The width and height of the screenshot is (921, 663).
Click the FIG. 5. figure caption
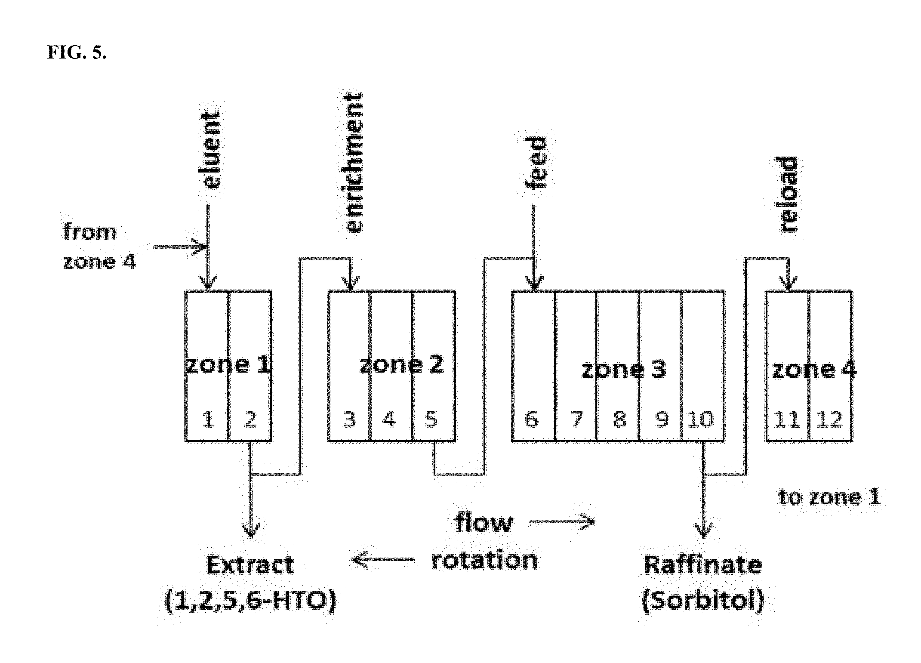[x=77, y=52]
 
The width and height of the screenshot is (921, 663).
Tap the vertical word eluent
[x=212, y=150]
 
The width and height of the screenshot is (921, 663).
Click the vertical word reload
[x=789, y=194]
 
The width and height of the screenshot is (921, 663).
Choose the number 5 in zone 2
[x=431, y=419]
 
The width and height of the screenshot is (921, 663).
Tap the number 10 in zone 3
[x=701, y=419]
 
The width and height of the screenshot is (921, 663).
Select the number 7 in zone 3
[x=576, y=419]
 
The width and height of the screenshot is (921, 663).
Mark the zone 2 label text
[x=401, y=365]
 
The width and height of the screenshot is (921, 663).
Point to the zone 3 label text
[x=623, y=369]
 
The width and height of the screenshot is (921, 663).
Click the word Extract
[x=250, y=565]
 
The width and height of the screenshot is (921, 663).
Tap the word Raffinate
[x=703, y=565]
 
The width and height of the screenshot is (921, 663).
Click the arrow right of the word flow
[x=562, y=522]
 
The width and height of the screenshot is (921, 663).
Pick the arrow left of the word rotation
[x=383, y=560]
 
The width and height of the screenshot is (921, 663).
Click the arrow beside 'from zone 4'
[x=180, y=247]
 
